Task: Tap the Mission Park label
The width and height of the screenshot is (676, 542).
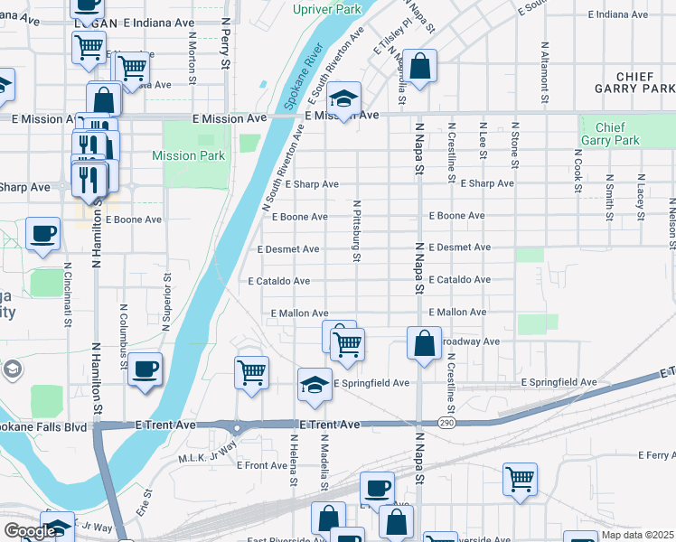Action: click(x=188, y=155)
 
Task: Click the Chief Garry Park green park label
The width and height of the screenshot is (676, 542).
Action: click(x=610, y=134)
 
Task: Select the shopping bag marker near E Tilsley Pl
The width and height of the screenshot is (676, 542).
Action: click(x=420, y=65)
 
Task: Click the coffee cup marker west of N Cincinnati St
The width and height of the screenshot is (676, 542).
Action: click(x=42, y=234)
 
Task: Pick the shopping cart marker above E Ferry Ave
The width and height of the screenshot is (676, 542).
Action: click(x=520, y=479)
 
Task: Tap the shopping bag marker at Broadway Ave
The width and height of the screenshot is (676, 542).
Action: click(x=424, y=342)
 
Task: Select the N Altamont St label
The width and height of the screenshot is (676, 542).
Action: click(x=544, y=67)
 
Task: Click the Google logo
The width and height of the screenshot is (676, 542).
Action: click(x=29, y=531)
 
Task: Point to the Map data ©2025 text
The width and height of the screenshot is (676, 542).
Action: click(x=638, y=536)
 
